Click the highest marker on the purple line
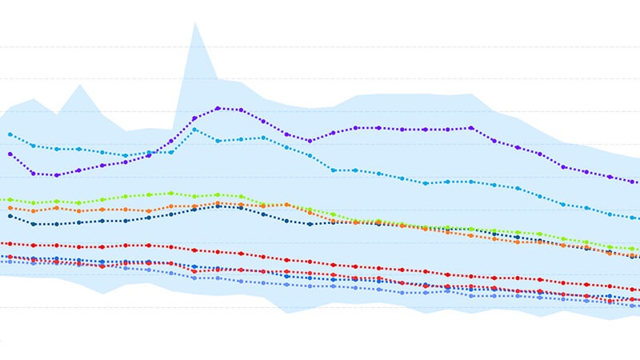[218, 108]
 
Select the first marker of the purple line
[10, 154]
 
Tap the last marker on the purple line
[633, 182]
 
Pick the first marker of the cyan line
[10, 134]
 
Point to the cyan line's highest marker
[194, 130]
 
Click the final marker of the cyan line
[633, 217]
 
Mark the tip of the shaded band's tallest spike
[194, 22]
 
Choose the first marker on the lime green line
[10, 199]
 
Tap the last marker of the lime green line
[633, 249]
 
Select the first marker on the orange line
[10, 208]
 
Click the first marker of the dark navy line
[10, 216]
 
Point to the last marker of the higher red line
[633, 289]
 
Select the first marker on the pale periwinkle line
[10, 262]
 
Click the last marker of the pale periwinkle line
[633, 306]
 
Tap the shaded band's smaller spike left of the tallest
[79, 85]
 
